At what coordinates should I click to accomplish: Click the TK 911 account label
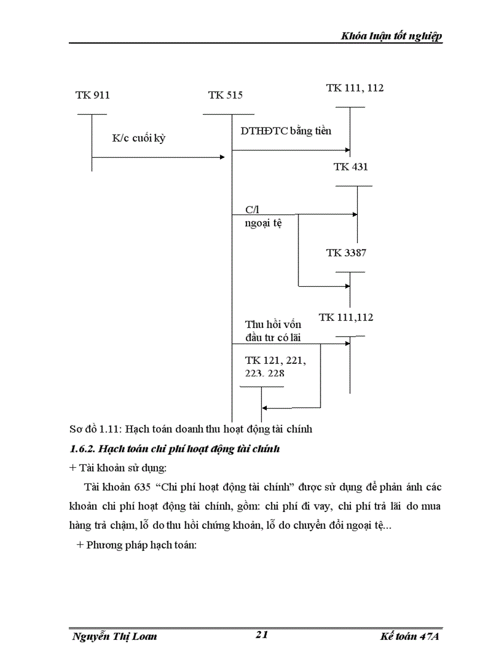(93, 95)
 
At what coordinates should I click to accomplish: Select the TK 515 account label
(225, 95)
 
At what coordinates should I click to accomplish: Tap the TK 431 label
(350, 167)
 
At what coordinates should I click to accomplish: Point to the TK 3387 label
(346, 253)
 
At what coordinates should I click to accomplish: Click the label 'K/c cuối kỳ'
(139, 138)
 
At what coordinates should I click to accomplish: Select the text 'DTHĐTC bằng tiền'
(286, 131)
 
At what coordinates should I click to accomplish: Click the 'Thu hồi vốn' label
(273, 324)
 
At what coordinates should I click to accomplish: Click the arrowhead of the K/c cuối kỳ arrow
(222, 157)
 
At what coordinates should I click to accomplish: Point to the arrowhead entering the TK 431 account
(355, 214)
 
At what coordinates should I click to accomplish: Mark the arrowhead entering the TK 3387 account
(347, 286)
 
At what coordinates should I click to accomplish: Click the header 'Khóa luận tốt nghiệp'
(391, 36)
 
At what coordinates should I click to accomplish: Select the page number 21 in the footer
(261, 635)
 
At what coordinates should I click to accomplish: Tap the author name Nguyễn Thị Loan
(114, 636)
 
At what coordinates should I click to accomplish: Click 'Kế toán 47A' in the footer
(410, 636)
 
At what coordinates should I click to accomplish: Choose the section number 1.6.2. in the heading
(82, 448)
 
